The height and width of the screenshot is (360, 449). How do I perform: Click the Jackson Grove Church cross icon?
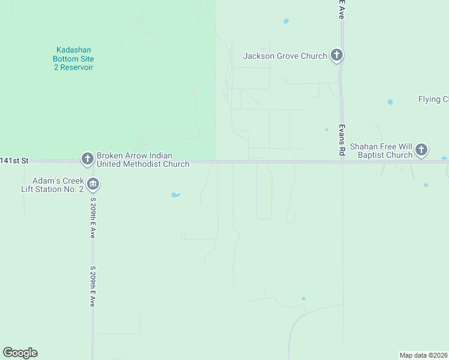pyautogui.click(x=337, y=56)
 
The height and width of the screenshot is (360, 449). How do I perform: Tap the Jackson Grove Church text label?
pyautogui.click(x=285, y=56)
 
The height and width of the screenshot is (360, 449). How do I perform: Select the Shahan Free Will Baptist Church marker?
pyautogui.click(x=421, y=149)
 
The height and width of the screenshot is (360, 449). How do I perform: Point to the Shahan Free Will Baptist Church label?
pyautogui.click(x=381, y=150)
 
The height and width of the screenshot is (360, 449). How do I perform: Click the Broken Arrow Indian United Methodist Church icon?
pyautogui.click(x=87, y=159)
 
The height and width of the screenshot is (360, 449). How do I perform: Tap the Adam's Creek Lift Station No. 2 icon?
pyautogui.click(x=92, y=184)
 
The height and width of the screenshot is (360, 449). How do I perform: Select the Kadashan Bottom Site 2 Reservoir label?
pyautogui.click(x=73, y=59)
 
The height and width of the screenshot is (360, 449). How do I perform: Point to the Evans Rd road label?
pyautogui.click(x=341, y=140)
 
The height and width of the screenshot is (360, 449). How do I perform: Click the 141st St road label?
pyautogui.click(x=14, y=161)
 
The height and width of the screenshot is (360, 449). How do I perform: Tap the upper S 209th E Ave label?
pyautogui.click(x=93, y=217)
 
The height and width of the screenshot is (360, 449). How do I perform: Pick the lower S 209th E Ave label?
pyautogui.click(x=93, y=287)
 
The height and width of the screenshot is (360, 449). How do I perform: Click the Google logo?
pyautogui.click(x=20, y=353)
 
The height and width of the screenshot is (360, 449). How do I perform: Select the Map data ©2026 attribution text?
pyautogui.click(x=423, y=355)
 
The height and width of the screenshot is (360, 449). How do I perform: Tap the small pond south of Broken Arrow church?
pyautogui.click(x=175, y=194)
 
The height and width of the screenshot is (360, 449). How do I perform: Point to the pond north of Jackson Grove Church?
pyautogui.click(x=286, y=21)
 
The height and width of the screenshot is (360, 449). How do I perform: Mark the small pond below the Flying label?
pyautogui.click(x=390, y=102)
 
